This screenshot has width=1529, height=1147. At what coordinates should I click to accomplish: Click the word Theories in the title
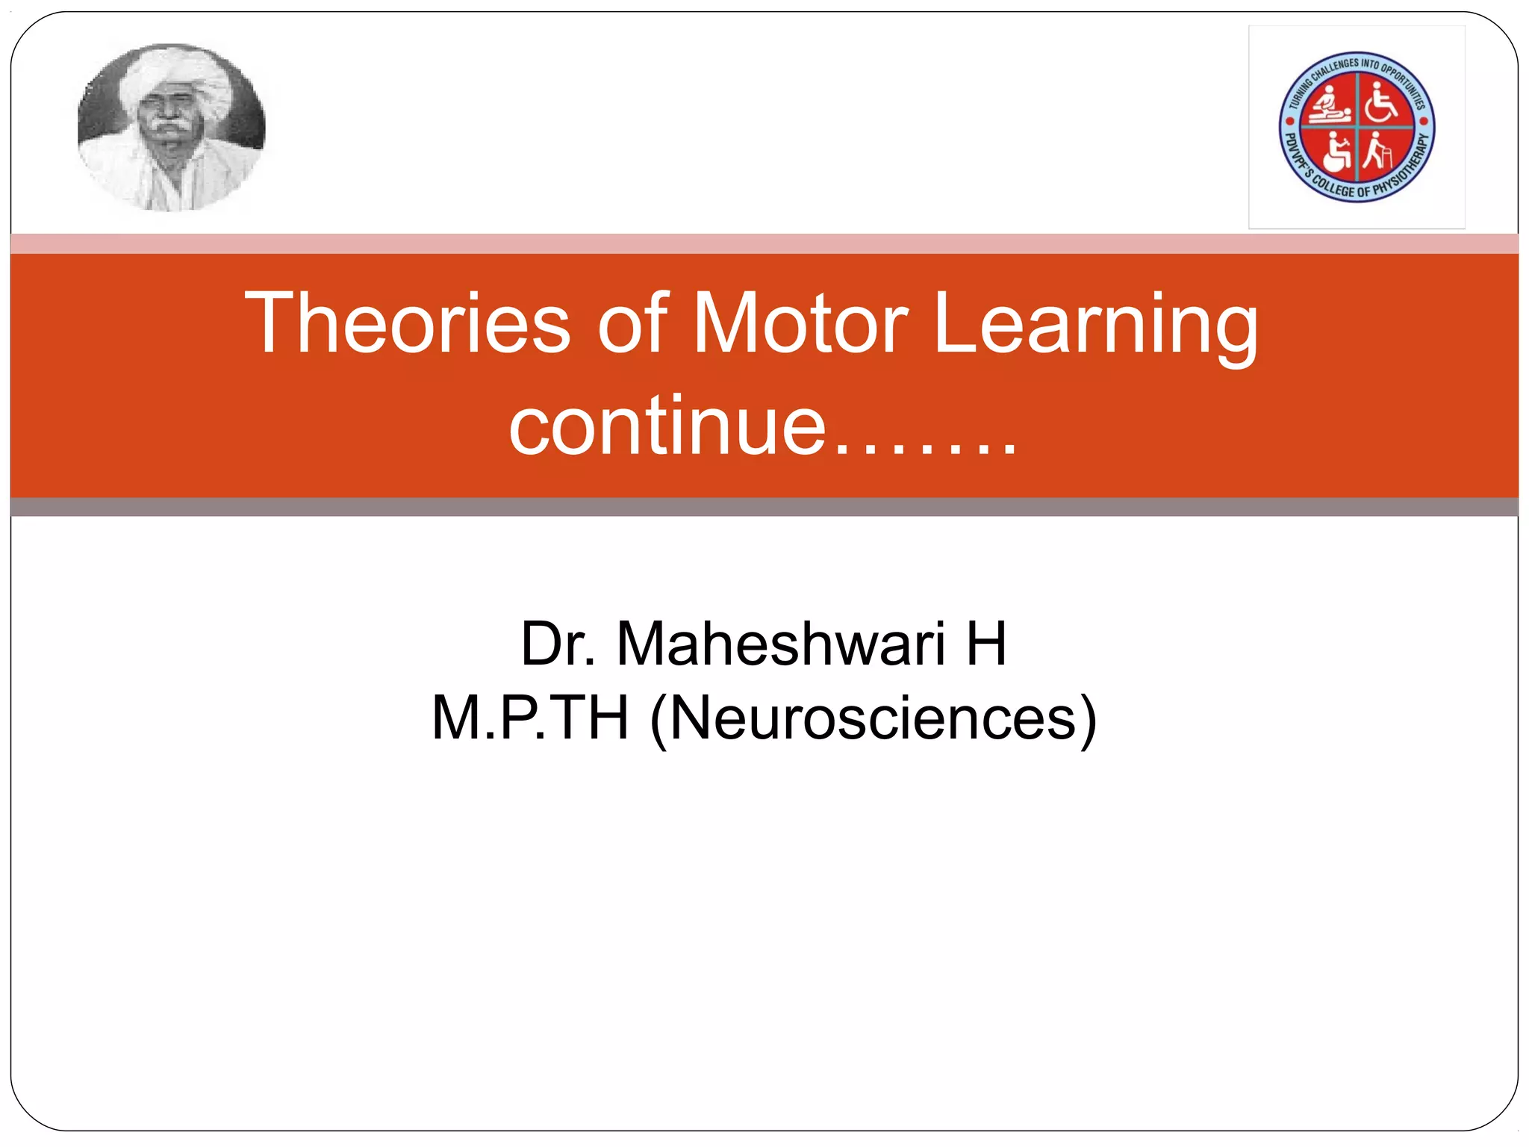click(408, 323)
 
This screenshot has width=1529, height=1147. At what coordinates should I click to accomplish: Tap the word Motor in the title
click(800, 323)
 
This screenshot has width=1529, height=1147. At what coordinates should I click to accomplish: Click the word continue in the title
click(667, 427)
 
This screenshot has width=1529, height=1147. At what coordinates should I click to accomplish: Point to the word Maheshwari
click(781, 644)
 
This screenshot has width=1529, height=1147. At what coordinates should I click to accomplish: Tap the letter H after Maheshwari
click(986, 644)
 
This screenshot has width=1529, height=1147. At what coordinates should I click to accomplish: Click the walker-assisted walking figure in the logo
click(1377, 152)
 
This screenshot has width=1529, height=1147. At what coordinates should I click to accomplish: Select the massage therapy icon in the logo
click(1330, 102)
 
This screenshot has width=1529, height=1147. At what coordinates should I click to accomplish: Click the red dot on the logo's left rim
click(1291, 119)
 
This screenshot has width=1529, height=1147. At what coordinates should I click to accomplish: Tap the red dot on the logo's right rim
click(1423, 120)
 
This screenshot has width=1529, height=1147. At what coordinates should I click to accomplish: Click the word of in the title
click(632, 323)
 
